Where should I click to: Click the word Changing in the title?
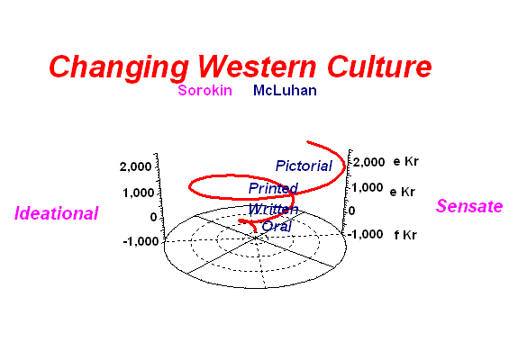pyautogui.click(x=119, y=67)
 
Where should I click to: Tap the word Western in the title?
pyautogui.click(x=257, y=67)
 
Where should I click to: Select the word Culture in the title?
pyautogui.click(x=379, y=67)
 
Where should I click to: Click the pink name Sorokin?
pyautogui.click(x=204, y=90)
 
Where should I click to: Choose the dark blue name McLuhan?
pyautogui.click(x=285, y=90)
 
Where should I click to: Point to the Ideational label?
pyautogui.click(x=57, y=213)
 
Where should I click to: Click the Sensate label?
pyautogui.click(x=469, y=206)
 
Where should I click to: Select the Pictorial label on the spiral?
pyautogui.click(x=304, y=166)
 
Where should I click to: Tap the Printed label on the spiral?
pyautogui.click(x=273, y=188)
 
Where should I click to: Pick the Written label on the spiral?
pyautogui.click(x=273, y=209)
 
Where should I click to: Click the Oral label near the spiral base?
pyautogui.click(x=277, y=227)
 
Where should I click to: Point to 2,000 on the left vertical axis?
pyautogui.click(x=135, y=167)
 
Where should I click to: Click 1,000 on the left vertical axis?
pyautogui.click(x=139, y=193)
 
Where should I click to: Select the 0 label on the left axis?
pyautogui.click(x=153, y=217)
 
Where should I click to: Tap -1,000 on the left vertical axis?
pyautogui.click(x=141, y=241)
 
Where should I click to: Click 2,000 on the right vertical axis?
pyautogui.click(x=369, y=162)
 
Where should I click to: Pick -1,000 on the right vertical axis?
pyautogui.click(x=366, y=234)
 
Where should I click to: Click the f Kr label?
pyautogui.click(x=405, y=235)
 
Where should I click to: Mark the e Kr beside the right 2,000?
pyautogui.click(x=406, y=161)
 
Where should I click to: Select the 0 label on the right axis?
pyautogui.click(x=352, y=211)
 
